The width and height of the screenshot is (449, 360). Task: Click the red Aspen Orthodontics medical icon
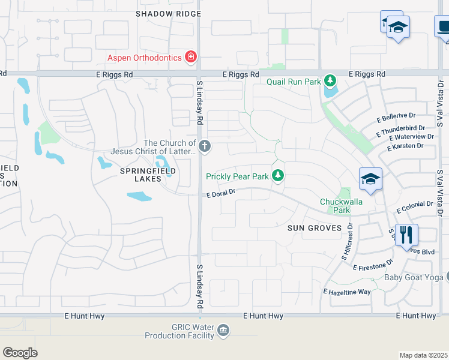191,58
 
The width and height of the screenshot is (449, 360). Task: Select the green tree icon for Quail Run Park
329,80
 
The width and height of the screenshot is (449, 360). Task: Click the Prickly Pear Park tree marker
277,176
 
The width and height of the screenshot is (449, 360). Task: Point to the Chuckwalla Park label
342,206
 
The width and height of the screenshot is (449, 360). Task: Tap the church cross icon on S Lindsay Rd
204,146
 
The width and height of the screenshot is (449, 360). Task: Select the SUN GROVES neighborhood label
315,228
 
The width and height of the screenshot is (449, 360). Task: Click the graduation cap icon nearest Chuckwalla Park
370,179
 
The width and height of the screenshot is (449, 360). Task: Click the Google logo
20,352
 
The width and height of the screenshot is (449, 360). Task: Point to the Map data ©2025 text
423,355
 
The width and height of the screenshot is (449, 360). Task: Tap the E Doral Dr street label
223,193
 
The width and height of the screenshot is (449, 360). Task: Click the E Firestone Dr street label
373,264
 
